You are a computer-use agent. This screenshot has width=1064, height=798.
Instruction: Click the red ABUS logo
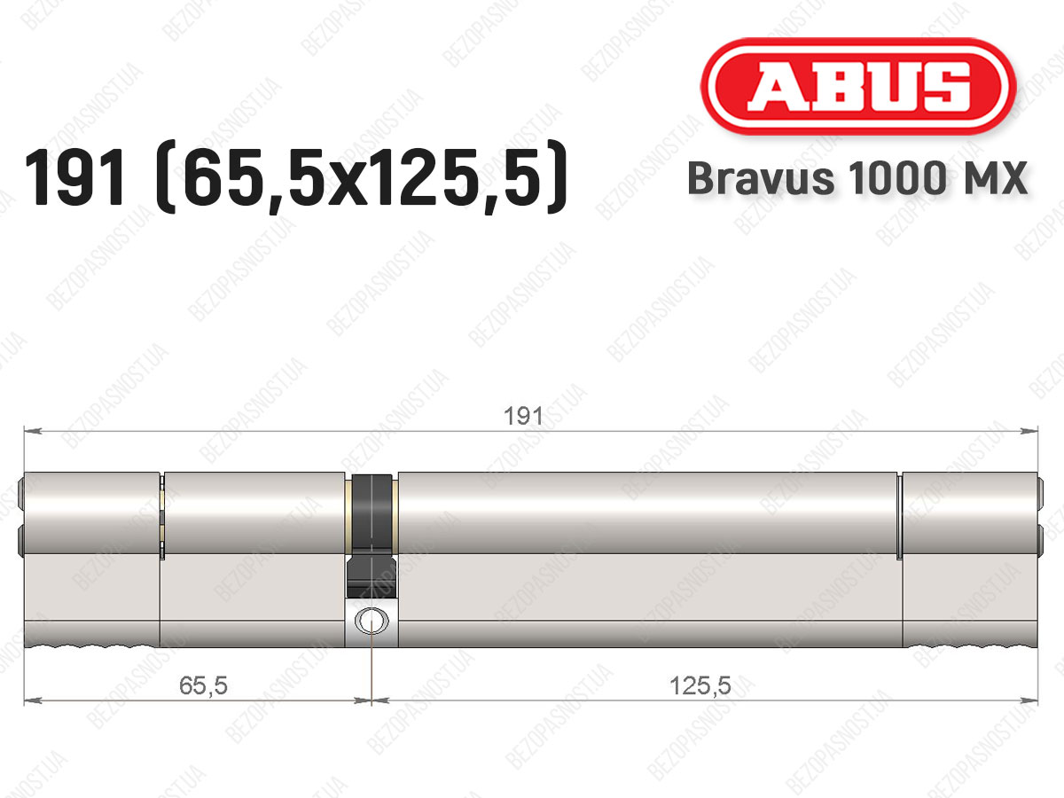pyautogui.click(x=858, y=87)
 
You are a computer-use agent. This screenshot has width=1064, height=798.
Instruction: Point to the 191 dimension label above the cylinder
pyautogui.click(x=523, y=416)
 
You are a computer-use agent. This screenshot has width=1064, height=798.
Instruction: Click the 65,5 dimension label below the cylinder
pyautogui.click(x=203, y=685)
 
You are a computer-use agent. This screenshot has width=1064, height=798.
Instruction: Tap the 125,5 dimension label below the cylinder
pyautogui.click(x=700, y=685)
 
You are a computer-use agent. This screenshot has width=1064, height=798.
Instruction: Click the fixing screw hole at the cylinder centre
pyautogui.click(x=372, y=620)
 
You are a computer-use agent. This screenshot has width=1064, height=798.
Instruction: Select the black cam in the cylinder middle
pyautogui.click(x=372, y=536)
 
